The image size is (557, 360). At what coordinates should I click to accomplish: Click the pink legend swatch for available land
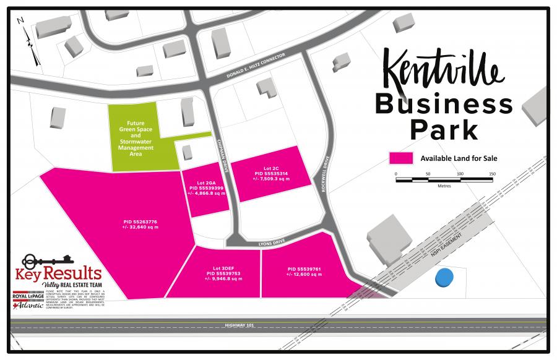401,158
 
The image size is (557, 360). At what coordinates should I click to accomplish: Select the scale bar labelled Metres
444,180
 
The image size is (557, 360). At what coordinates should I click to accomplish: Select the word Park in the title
444,130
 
